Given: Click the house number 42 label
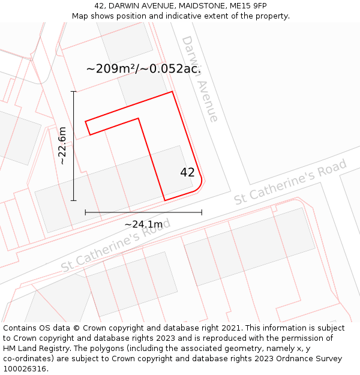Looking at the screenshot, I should [187, 172].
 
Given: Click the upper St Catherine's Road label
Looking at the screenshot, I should [290, 182].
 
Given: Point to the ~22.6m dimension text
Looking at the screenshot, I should [62, 146].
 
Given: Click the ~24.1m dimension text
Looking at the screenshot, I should [143, 224].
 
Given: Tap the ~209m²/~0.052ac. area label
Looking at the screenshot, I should [143, 68].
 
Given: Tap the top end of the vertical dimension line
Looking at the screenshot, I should [74, 91].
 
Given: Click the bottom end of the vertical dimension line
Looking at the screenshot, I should [74, 200].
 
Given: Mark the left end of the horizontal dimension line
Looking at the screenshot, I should [85, 212].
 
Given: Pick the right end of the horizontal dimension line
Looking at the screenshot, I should [202, 212].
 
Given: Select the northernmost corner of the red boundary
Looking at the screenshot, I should [172, 92].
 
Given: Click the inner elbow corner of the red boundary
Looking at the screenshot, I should [139, 118].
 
